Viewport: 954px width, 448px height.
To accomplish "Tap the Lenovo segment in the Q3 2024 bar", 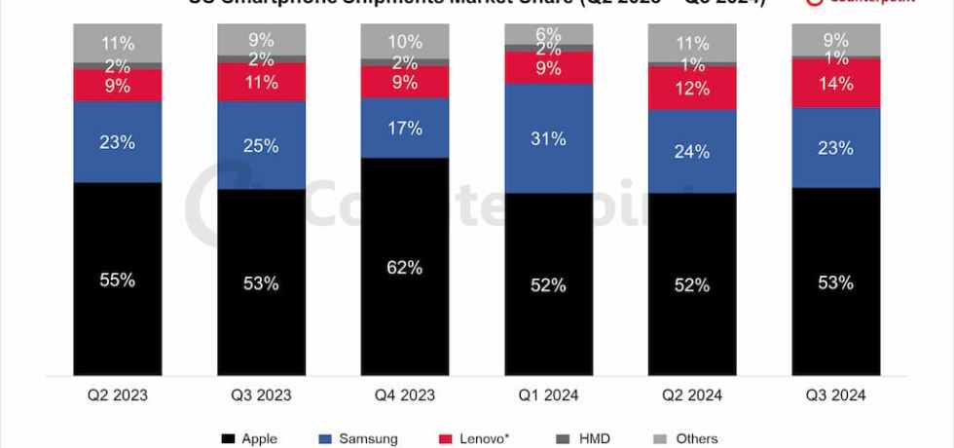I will point(835,83).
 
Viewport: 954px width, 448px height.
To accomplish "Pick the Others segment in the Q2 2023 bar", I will point(118,43).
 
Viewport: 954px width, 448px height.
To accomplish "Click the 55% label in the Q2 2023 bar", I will point(118,280).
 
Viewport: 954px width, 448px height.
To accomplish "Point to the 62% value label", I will point(405,267).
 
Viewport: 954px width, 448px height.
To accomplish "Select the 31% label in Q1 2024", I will point(549,139).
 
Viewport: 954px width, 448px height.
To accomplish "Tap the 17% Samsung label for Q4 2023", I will point(405,128).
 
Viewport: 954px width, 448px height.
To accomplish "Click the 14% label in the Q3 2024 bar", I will point(835,83).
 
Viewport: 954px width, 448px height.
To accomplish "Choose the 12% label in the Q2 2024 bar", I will point(692,88).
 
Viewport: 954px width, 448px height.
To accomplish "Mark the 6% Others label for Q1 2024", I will point(549,33).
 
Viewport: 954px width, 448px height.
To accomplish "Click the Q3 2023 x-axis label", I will point(261,395).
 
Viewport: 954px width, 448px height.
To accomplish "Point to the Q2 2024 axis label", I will point(692,395).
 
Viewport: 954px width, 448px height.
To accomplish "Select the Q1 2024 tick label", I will point(549,395).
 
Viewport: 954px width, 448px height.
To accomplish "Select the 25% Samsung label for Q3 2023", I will point(261,146).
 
